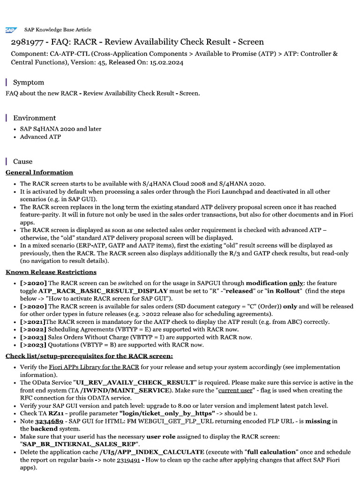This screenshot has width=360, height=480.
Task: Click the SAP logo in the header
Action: pyautogui.click(x=10, y=30)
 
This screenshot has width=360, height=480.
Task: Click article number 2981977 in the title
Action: pyautogui.click(x=28, y=42)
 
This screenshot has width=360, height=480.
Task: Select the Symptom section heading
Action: pyautogui.click(x=28, y=82)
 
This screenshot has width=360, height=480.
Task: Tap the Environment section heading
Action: pyautogui.click(x=34, y=118)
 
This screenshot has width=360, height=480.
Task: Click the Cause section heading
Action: pyautogui.click(x=22, y=161)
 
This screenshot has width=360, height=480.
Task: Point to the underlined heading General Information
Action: pyautogui.click(x=39, y=172)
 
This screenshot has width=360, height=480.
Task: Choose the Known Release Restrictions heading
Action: pyautogui.click(x=51, y=271)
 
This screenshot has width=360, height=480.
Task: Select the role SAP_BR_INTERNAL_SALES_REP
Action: pyautogui.click(x=78, y=444)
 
